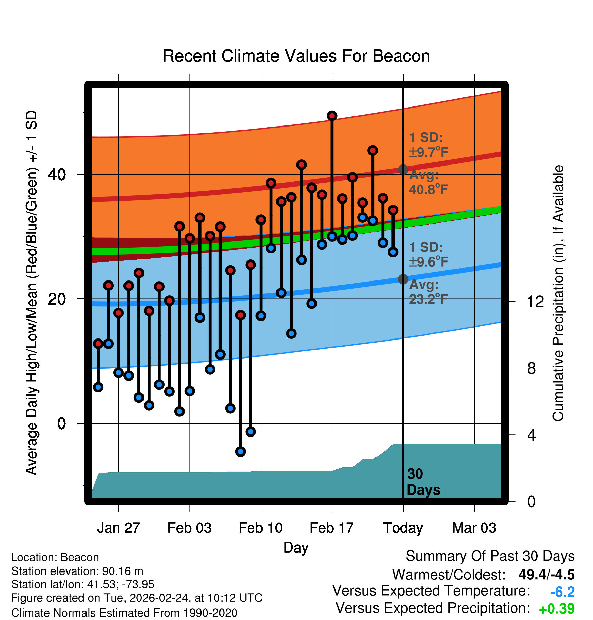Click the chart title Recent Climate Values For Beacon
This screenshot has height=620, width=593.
tap(296, 56)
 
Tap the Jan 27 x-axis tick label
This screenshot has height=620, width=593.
tap(118, 528)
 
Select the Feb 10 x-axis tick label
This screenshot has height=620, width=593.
tap(261, 528)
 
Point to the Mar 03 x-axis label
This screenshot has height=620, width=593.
tap(474, 528)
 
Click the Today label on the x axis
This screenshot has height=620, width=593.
tap(403, 528)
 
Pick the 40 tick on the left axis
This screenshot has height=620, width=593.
tap(57, 175)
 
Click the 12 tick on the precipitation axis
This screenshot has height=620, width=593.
tap(535, 302)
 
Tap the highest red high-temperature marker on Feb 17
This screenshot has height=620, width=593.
tap(332, 116)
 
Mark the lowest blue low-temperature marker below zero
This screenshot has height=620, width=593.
tap(241, 451)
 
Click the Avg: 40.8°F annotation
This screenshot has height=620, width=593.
tap(428, 182)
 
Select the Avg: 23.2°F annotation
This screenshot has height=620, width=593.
tap(428, 292)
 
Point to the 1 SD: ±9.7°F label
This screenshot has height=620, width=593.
tap(428, 145)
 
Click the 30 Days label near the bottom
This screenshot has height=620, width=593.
tap(423, 482)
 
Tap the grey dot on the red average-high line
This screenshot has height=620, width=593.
tap(403, 169)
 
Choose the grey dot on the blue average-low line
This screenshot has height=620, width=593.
tap(403, 279)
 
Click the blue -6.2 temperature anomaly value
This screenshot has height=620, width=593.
tap(562, 592)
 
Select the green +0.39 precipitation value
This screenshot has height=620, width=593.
tap(557, 609)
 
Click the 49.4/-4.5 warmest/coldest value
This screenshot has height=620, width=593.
tap(546, 575)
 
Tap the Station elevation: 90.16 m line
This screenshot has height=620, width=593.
tap(77, 571)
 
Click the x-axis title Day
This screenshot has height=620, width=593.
tap(296, 547)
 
